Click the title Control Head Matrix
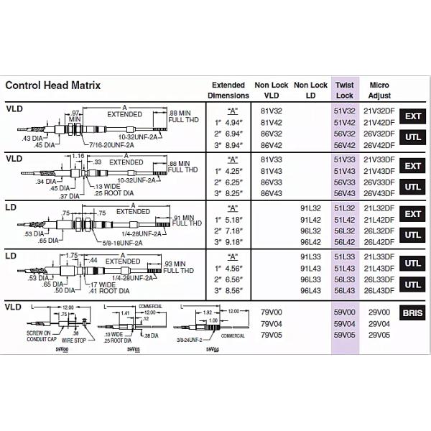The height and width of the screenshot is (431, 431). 53,85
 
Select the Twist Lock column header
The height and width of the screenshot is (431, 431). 345,90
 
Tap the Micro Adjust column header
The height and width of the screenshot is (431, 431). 379,90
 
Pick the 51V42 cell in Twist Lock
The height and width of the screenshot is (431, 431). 345,122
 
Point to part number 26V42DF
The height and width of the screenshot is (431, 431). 379,144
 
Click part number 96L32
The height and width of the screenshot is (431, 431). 310,231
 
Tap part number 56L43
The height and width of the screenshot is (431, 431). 345,290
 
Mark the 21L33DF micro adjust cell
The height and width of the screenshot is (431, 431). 379,257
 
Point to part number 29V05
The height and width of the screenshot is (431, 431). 379,334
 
